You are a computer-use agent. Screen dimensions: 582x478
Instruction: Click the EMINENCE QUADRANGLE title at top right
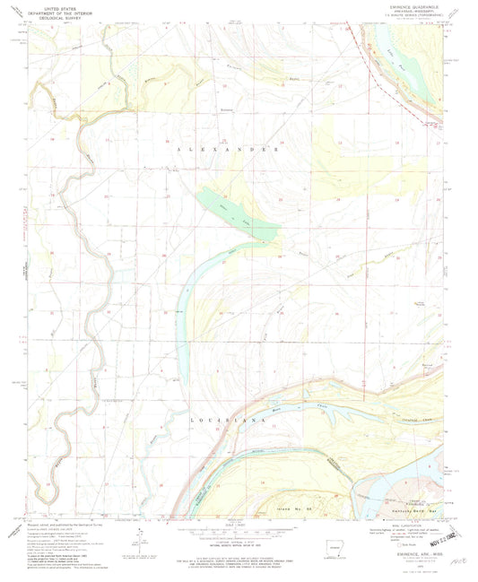pyautogui.click(x=407, y=6)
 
